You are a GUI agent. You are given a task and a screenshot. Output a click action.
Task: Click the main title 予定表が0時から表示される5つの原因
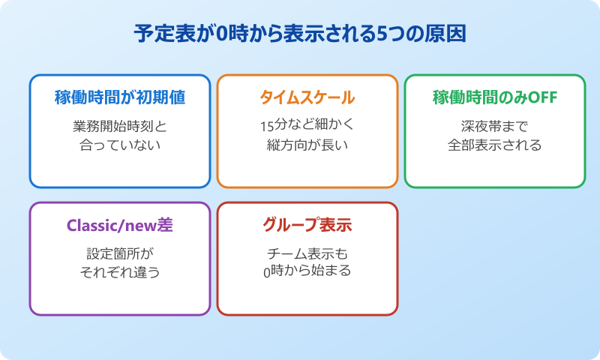(x=300, y=35)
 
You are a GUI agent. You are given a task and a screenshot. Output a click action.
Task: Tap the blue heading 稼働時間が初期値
(x=120, y=98)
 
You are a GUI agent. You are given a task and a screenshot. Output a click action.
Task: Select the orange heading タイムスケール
(x=307, y=98)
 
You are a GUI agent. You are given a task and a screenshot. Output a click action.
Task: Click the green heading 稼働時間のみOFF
(x=495, y=98)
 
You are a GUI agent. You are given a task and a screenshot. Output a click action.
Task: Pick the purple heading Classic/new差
(x=120, y=226)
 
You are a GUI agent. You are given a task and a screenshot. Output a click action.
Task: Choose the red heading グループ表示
(x=307, y=226)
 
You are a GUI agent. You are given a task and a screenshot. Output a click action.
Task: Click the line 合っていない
(x=120, y=145)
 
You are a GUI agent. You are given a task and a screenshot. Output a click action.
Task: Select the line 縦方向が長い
(x=307, y=145)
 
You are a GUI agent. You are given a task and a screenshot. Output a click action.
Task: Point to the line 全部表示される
(x=495, y=145)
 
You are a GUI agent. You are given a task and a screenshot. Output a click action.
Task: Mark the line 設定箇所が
(x=120, y=253)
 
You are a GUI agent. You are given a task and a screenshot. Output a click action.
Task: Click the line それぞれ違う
(x=120, y=271)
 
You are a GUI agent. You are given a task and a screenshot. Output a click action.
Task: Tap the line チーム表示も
(x=307, y=253)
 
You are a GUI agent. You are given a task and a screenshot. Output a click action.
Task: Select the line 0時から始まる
(x=307, y=271)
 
